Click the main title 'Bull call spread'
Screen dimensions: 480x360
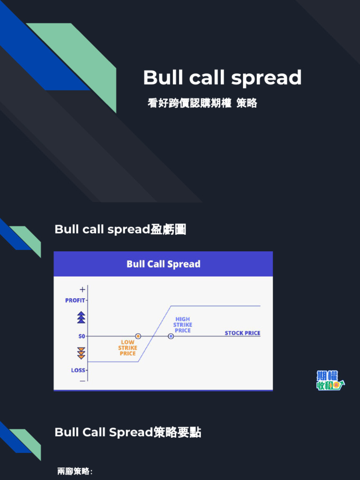tap(222, 78)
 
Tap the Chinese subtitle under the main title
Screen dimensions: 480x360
tap(202, 103)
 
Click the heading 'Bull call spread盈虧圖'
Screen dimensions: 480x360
tap(120, 229)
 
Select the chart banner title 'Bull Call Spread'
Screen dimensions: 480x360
tap(163, 264)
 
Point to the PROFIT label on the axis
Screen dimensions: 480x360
tap(75, 300)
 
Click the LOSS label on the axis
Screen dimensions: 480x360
tap(78, 370)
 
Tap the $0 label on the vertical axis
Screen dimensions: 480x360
tap(82, 336)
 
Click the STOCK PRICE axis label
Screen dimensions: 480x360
tap(242, 333)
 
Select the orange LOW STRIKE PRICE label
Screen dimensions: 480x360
tap(127, 348)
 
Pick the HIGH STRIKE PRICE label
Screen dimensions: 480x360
tap(182, 324)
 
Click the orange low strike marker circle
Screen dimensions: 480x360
tap(138, 336)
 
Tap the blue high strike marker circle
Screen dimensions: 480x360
tap(171, 336)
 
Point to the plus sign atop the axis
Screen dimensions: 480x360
tap(82, 290)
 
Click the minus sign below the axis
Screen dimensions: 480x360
tap(82, 381)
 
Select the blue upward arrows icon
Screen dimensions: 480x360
tap(82, 317)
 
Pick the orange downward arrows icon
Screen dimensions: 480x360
tap(82, 353)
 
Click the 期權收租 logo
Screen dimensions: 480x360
tap(330, 381)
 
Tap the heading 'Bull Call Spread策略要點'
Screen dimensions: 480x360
tap(128, 432)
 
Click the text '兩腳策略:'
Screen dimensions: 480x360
tap(75, 472)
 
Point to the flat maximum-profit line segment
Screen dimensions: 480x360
tap(216, 306)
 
